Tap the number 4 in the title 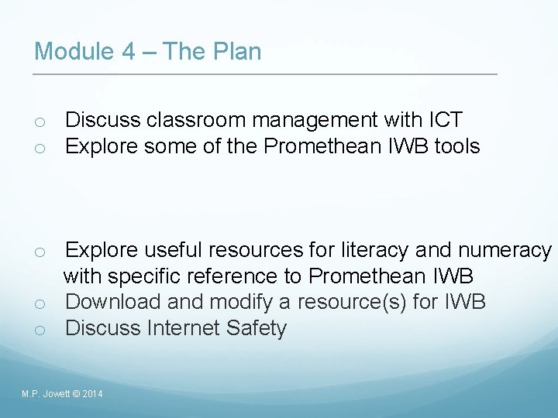pyautogui.click(x=129, y=52)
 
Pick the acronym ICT pyautogui.click(x=445, y=120)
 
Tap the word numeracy pyautogui.click(x=505, y=251)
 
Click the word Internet pyautogui.click(x=184, y=328)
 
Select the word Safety pyautogui.click(x=257, y=328)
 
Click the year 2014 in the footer pyautogui.click(x=91, y=395)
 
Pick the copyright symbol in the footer pyautogui.click(x=74, y=395)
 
